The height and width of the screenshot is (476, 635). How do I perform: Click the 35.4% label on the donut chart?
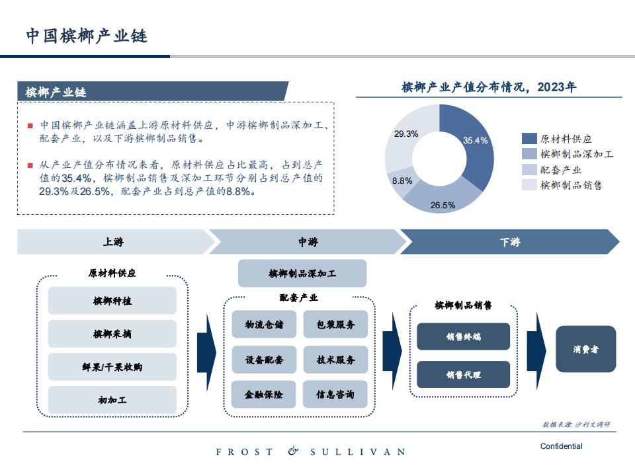tap(475, 140)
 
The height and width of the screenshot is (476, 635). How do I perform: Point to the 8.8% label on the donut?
tap(402, 181)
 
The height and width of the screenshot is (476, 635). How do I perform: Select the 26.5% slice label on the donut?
tap(443, 205)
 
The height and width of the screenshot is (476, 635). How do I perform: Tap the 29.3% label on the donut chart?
tap(406, 134)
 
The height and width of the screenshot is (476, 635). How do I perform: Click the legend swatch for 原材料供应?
tap(529, 139)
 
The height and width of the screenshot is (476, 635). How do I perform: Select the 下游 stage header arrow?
tap(510, 242)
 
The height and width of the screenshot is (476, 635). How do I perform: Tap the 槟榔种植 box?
tap(112, 301)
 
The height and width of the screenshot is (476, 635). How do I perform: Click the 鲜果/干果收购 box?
tap(112, 367)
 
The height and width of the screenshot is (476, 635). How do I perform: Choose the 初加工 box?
tap(112, 400)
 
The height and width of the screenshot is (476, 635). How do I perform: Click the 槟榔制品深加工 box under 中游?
tap(302, 274)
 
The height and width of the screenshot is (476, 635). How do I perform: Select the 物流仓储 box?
tap(264, 324)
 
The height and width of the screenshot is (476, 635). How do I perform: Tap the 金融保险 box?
tap(264, 394)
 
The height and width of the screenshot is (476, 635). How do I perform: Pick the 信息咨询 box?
tap(335, 394)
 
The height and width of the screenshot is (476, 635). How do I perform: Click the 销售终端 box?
tap(463, 337)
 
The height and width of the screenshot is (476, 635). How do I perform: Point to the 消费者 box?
tap(585, 349)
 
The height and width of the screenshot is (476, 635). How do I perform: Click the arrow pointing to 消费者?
tap(536, 351)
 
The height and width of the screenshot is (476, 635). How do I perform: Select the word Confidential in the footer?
tap(562, 446)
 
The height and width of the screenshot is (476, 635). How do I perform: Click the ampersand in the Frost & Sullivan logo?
tap(293, 451)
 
